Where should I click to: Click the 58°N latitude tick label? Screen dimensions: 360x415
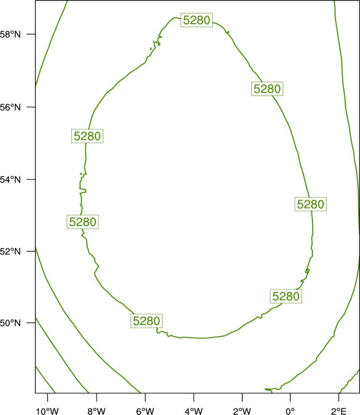coord(10,34)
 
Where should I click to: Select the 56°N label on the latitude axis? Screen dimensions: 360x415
coord(10,107)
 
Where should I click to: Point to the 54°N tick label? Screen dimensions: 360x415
coord(10,180)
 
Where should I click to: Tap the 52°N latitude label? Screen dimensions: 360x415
coord(10,251)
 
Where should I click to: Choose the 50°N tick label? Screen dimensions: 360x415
coord(10,323)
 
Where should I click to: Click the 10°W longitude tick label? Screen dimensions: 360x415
coord(48,411)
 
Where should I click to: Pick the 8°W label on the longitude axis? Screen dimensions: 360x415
coord(96,411)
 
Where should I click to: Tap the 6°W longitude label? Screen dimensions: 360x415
coord(145,411)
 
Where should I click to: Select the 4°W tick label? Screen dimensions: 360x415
coord(194,411)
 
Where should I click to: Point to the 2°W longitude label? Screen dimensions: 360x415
coord(242,411)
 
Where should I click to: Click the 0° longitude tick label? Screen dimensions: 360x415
coord(290,411)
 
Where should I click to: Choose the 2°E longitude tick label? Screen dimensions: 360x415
coord(338,411)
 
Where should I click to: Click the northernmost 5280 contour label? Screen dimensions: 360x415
coord(197,20)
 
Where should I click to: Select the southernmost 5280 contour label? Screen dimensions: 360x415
coord(146,321)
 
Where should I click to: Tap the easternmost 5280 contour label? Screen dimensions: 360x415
coord(311,204)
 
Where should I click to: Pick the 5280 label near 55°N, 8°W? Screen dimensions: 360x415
coord(87,136)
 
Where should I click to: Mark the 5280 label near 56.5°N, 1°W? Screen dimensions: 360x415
coord(267,89)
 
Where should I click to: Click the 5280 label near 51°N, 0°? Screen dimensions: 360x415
coord(286,296)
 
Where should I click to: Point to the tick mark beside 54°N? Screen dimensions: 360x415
coord(31,179)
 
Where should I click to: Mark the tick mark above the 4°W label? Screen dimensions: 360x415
coord(194,397)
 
